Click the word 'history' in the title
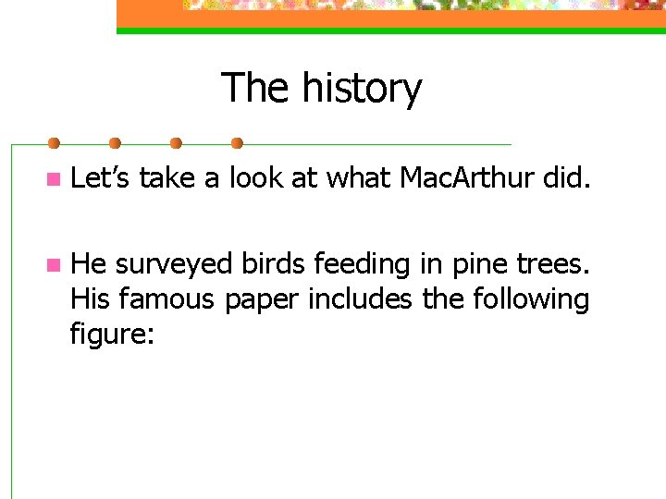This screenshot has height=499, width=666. point(362,89)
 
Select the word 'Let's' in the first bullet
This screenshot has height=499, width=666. point(101,177)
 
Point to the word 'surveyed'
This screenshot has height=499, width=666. point(175,265)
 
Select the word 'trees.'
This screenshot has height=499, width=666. point(551,265)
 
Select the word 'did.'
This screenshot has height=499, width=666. point(565,177)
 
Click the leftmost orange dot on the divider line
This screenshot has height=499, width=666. point(54,143)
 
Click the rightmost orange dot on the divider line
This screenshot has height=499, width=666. point(237,143)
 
